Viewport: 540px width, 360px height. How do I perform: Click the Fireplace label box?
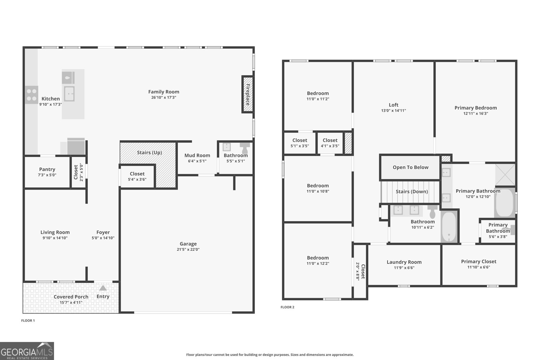pos(247,94)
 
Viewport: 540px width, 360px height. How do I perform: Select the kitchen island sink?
pos(69,93)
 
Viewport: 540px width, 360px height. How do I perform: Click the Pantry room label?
pos(47,169)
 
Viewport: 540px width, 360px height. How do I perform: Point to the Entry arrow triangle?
pos(103,288)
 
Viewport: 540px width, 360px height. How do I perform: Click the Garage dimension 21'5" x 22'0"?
pos(188,249)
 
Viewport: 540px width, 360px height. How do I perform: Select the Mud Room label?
pos(197,156)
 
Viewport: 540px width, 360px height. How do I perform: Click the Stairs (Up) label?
pos(149,153)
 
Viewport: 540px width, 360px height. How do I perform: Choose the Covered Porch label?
pos(71,297)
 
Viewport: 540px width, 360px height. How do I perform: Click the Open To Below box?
pos(410,167)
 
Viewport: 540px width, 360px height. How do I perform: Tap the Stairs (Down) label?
pos(412,192)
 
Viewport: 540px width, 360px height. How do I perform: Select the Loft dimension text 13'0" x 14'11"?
pos(394,110)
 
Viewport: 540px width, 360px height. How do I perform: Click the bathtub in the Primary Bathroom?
pos(505,203)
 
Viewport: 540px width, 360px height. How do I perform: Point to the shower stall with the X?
pos(505,175)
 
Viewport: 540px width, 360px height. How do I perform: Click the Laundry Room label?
pos(404,262)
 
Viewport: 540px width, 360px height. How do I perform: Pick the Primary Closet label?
pos(479,261)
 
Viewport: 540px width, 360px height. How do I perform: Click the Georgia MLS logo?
pos(27,351)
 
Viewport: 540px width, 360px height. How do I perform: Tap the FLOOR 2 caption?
pos(287,307)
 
